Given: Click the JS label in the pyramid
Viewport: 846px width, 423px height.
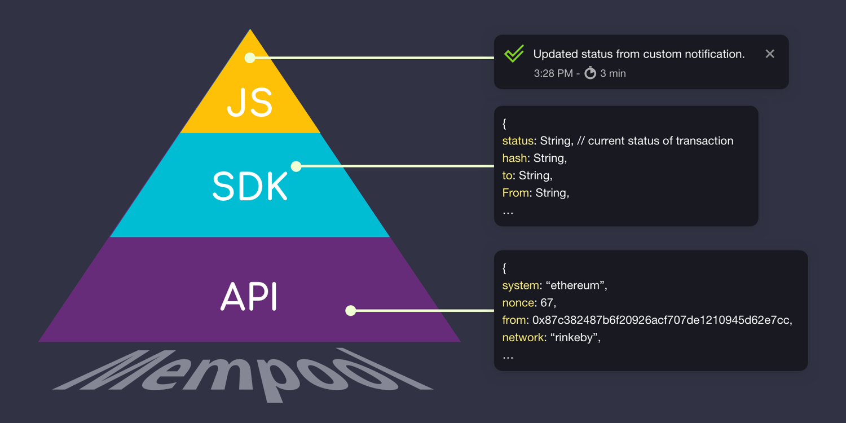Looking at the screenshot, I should [250, 103].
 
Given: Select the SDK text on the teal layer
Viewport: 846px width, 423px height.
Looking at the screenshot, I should [250, 187].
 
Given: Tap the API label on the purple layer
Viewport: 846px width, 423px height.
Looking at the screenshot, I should [249, 297].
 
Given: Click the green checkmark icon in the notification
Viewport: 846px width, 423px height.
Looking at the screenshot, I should [514, 54].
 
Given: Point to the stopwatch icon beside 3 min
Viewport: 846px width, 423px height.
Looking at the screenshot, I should [590, 73].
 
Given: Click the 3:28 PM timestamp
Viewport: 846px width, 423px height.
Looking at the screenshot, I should [553, 73].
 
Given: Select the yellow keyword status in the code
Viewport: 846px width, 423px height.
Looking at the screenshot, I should [518, 141].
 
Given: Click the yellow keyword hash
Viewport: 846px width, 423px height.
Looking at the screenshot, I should [515, 158].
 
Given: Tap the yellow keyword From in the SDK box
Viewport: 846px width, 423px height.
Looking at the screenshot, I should [515, 193].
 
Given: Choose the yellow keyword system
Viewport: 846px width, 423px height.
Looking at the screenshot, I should [521, 285].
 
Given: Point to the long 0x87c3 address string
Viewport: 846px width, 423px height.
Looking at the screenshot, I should [661, 320].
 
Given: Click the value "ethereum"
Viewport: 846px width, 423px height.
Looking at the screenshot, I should [575, 285].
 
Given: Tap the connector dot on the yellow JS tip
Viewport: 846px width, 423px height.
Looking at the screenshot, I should [250, 58].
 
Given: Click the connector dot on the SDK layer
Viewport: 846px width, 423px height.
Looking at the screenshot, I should [296, 166].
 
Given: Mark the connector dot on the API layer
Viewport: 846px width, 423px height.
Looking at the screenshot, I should [351, 310].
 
